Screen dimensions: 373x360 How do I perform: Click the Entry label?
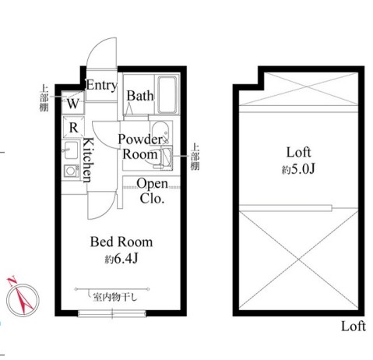coord(101,85)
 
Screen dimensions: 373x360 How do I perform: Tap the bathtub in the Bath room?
coord(167,94)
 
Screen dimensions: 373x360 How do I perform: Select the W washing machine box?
coord(73,103)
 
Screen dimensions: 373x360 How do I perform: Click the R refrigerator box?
coord(73,127)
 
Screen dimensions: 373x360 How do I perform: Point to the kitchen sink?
coord(71,150)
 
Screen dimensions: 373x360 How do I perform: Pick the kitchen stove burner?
coord(71,171)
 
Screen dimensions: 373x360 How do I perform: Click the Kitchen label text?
coord(88,160)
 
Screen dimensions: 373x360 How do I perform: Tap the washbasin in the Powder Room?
coord(160,132)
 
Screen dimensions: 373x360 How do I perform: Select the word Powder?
coord(140,139)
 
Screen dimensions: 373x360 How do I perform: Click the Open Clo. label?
coord(153,191)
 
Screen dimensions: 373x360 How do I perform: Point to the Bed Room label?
coord(121,242)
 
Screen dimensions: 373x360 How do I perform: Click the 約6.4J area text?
coord(121,259)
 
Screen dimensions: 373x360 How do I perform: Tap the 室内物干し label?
coord(114,297)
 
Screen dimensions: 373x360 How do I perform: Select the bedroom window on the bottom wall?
coord(112,313)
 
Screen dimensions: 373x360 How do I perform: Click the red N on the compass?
coord(12,281)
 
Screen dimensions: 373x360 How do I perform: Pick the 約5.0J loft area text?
coord(298,170)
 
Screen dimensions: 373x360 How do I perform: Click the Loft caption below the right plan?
coord(354,326)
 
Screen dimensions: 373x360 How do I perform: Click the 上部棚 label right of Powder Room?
coord(195,157)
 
